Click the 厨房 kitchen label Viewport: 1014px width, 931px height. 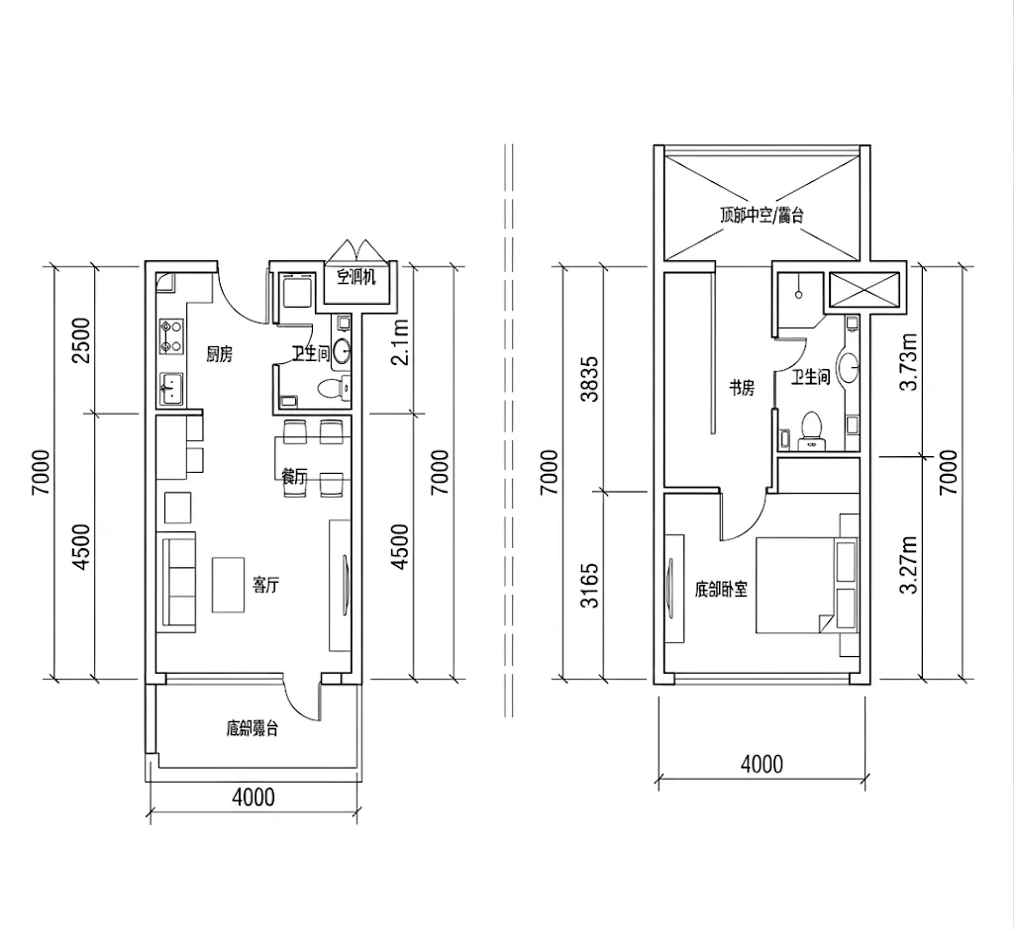click(x=219, y=355)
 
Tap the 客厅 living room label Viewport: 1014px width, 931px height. click(x=265, y=586)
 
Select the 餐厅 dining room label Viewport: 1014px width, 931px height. click(x=293, y=477)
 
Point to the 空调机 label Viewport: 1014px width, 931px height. click(x=355, y=278)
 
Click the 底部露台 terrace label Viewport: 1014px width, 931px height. click(x=253, y=729)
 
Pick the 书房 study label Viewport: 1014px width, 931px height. click(x=742, y=388)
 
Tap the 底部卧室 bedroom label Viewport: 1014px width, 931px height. click(x=721, y=590)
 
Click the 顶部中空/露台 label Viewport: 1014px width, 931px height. click(x=761, y=215)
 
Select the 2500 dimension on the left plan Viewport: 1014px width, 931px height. click(x=82, y=340)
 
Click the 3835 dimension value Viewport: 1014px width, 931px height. click(x=590, y=379)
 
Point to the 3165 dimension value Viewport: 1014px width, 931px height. click(x=590, y=586)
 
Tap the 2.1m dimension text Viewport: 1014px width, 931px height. click(x=401, y=342)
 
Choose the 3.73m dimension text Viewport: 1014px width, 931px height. click(x=909, y=362)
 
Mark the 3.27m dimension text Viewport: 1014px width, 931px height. click(x=909, y=565)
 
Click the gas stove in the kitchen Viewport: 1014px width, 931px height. click(x=170, y=336)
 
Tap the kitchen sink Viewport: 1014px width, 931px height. click(x=171, y=389)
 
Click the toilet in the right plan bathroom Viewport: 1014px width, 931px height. click(x=811, y=430)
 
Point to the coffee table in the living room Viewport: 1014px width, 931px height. click(x=229, y=585)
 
